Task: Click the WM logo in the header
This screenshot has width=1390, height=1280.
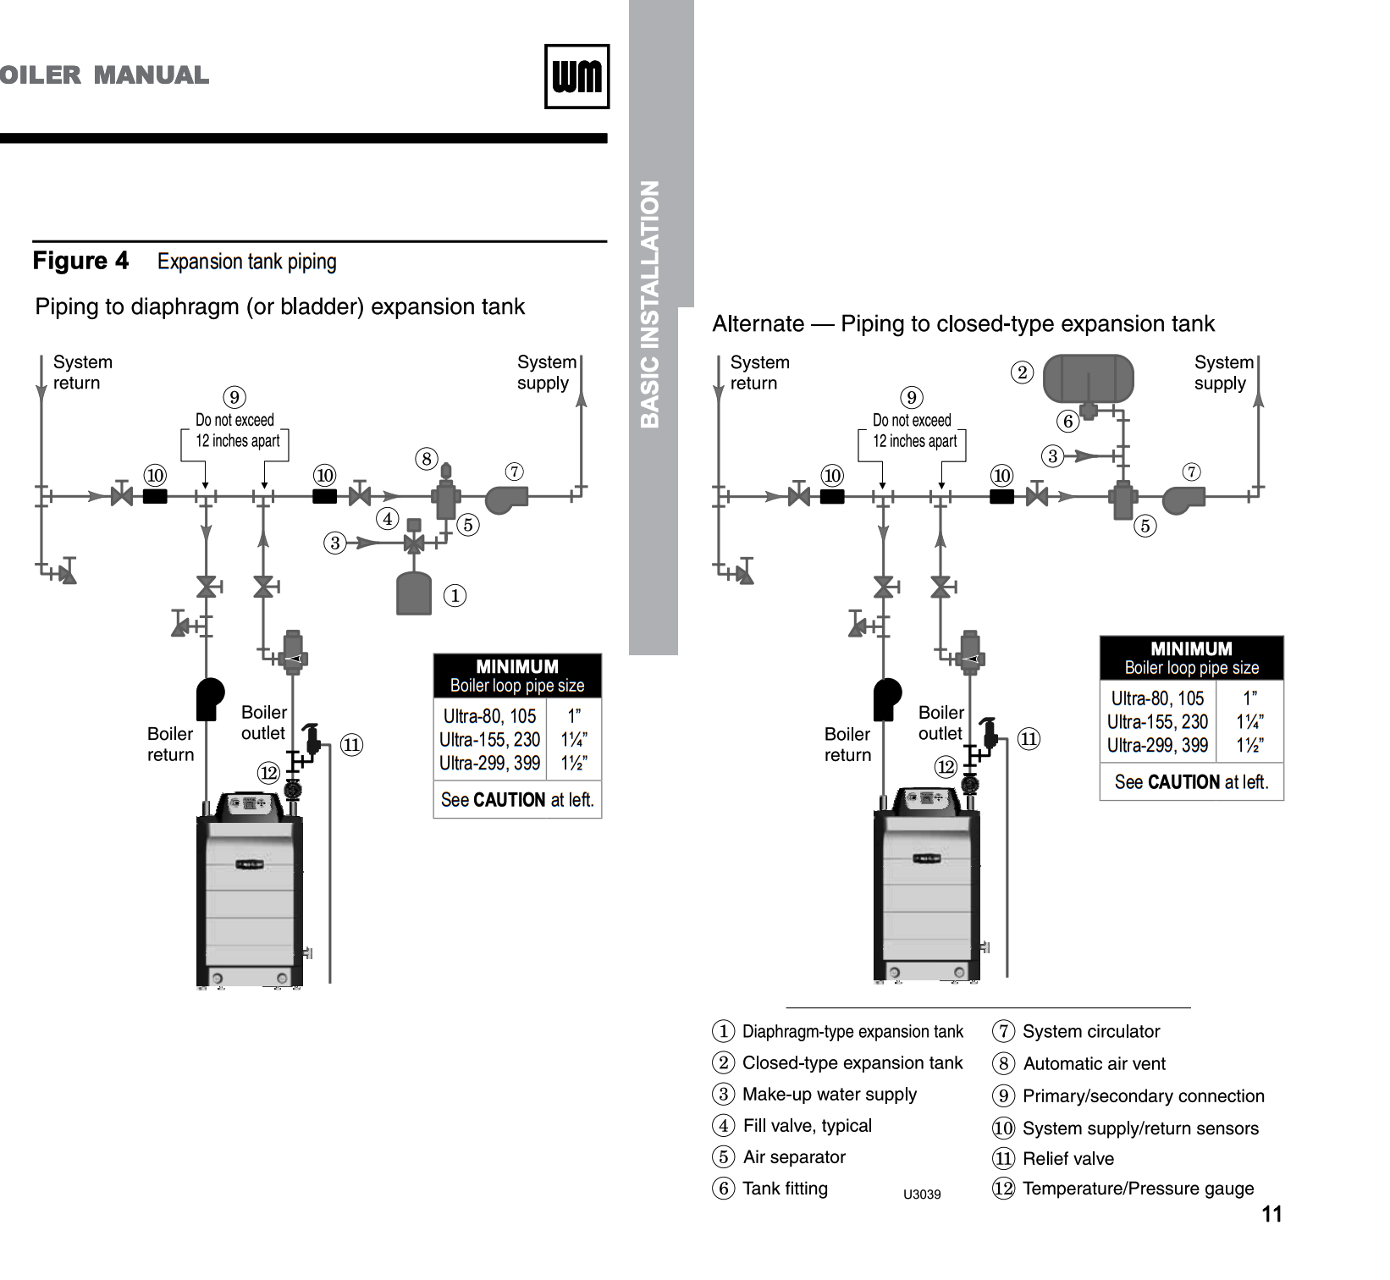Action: point(576,76)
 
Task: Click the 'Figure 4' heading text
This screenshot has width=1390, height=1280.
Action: point(80,261)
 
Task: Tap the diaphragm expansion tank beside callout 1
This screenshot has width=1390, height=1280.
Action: point(414,593)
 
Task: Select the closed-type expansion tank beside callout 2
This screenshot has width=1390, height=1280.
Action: point(1088,378)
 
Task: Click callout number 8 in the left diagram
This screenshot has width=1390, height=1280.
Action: point(427,459)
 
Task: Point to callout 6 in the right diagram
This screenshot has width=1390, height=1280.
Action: point(1068,421)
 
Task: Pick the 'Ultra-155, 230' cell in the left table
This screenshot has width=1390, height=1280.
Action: point(489,739)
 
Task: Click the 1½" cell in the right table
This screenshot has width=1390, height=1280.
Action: point(1249,745)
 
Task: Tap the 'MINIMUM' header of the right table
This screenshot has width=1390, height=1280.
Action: point(1191,648)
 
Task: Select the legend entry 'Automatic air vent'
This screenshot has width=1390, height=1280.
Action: point(1094,1063)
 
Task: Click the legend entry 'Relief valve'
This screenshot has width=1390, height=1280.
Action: point(1068,1158)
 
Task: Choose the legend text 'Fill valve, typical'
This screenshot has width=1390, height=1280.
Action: point(807,1126)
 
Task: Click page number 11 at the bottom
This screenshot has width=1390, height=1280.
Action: point(1271,1214)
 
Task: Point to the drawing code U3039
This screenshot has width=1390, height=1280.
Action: point(922,1194)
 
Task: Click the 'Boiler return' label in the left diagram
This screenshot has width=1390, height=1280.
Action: point(170,744)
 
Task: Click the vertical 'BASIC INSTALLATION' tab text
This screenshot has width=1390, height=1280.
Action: point(650,305)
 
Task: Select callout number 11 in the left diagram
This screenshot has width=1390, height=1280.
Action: point(351,745)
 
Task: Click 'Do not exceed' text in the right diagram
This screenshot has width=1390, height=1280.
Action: point(912,420)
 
